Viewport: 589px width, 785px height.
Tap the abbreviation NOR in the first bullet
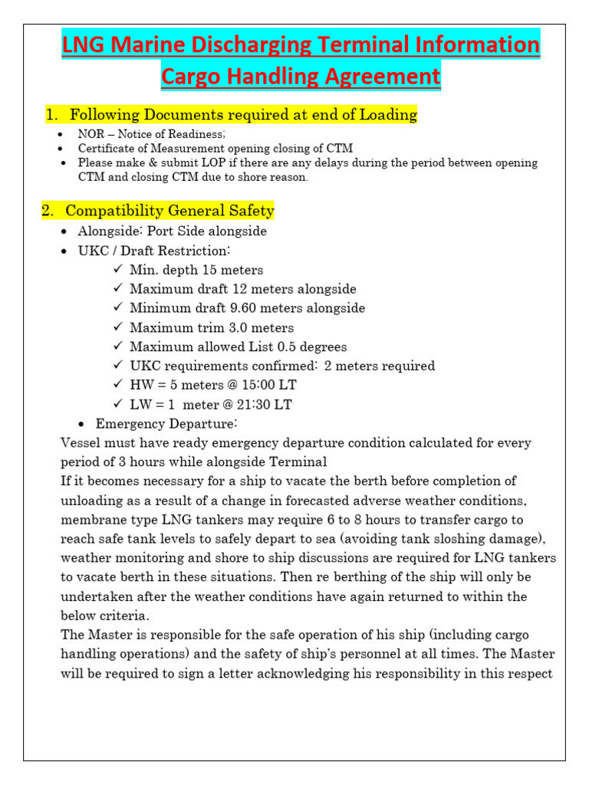point(89,134)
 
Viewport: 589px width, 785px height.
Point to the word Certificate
point(104,148)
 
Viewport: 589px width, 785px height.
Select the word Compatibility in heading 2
point(113,211)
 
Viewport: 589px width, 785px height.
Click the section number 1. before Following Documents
point(52,115)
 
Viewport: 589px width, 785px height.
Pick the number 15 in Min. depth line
point(210,270)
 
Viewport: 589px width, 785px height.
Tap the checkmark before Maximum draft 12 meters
point(117,289)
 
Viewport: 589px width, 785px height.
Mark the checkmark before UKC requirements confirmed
point(117,366)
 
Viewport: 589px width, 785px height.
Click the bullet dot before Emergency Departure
point(83,424)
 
